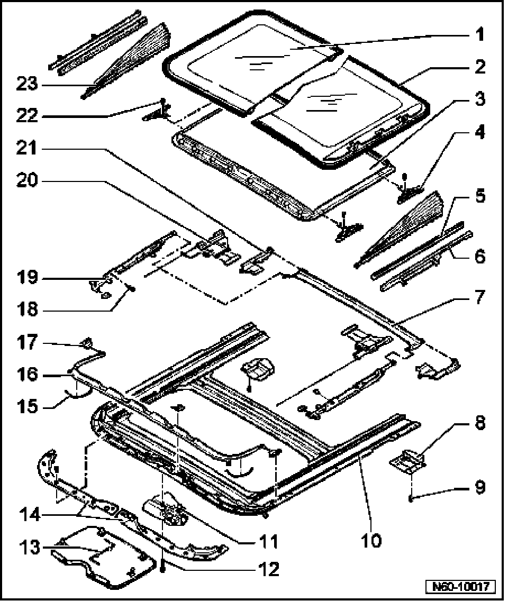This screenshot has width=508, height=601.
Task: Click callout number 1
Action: point(478,35)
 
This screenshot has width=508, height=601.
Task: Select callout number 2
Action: point(478,67)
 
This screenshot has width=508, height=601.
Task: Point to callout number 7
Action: point(478,297)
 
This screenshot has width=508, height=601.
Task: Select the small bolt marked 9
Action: point(411,497)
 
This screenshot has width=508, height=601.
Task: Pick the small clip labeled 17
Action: point(85,343)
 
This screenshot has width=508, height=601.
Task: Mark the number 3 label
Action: point(478,99)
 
